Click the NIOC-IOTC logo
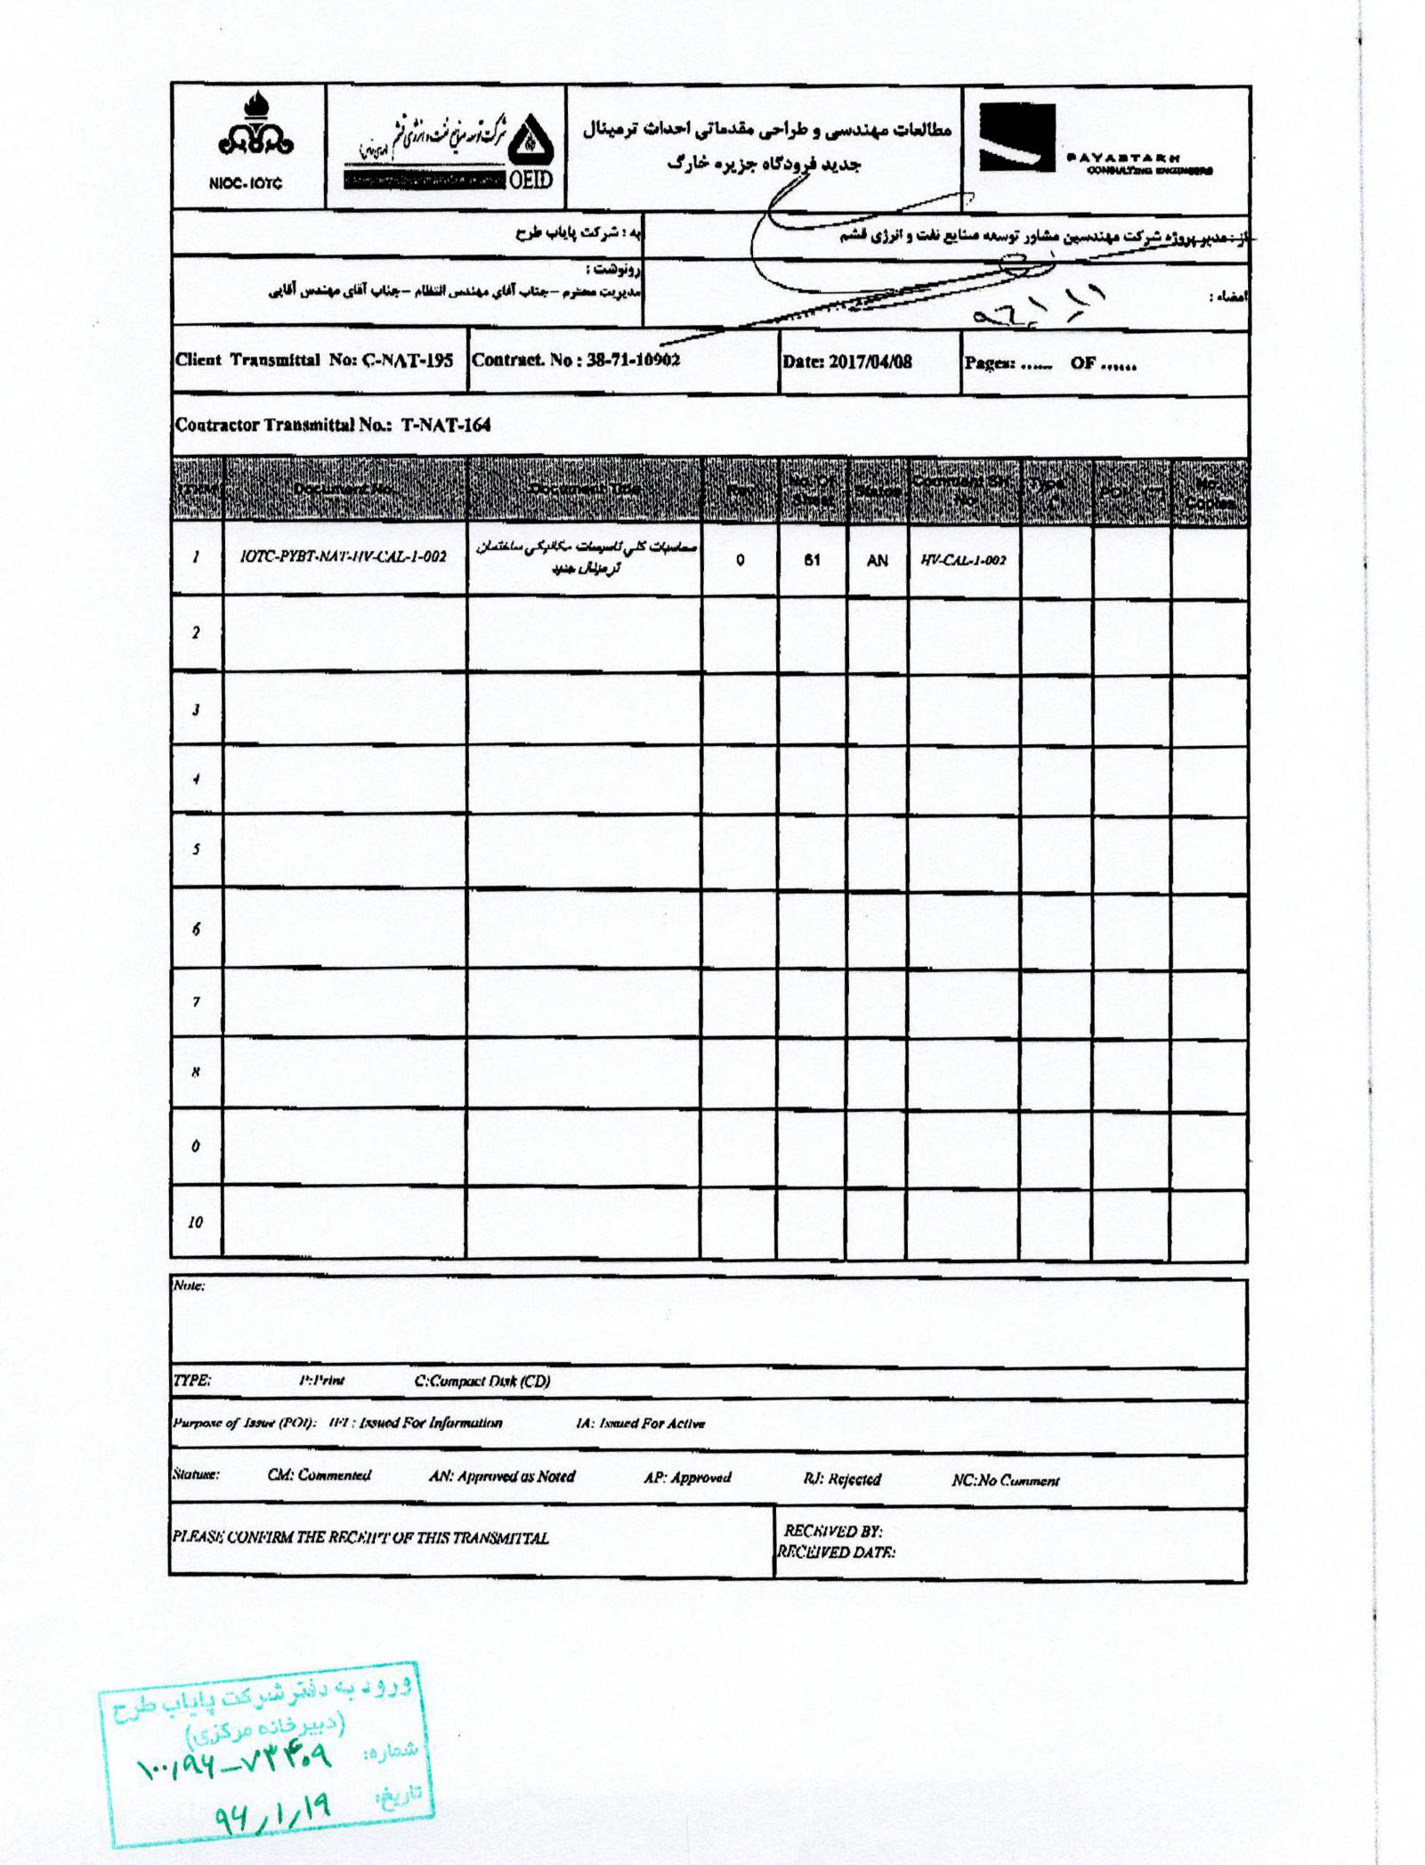[247, 147]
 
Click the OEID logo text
[530, 180]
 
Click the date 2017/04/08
[870, 362]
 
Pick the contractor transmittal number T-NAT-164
[445, 425]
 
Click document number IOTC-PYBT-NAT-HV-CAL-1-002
[344, 557]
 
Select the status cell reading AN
[877, 560]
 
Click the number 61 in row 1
[811, 560]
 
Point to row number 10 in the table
[195, 1221]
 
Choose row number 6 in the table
[195, 928]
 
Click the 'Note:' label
[189, 1286]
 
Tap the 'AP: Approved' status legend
[687, 1477]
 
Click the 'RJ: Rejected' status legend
[841, 1479]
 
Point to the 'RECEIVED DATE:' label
[836, 1553]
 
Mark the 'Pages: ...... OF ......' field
[1050, 363]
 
